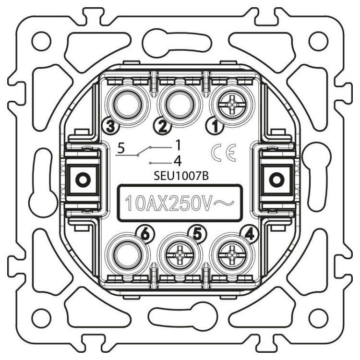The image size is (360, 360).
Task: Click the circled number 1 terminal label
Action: coord(215,126)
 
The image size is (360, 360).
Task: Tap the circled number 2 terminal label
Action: coord(163,126)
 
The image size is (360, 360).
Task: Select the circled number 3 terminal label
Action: coord(111,126)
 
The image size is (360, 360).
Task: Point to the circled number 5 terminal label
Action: coord(198,235)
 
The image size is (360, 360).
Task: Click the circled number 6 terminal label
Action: coord(146,235)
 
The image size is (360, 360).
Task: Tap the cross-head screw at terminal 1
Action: coord(232,105)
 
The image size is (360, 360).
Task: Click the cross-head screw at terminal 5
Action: coord(180,255)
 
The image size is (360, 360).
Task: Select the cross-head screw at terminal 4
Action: coord(232,255)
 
